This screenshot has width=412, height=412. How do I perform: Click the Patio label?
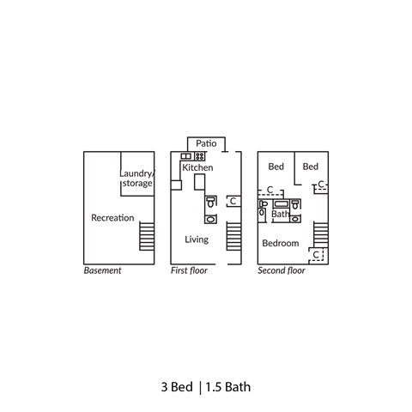[205, 143]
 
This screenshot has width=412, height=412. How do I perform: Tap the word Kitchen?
[197, 167]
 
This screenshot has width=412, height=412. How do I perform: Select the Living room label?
[197, 239]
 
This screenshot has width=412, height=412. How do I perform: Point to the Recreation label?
[112, 218]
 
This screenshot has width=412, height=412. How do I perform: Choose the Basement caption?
[102, 270]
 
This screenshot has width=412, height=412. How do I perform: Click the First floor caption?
[190, 270]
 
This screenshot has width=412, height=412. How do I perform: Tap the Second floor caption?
[282, 270]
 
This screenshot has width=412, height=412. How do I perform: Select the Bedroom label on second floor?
[280, 243]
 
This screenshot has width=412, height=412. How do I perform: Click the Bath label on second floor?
[280, 215]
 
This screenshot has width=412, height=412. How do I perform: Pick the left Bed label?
[276, 166]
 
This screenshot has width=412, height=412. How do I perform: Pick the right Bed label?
[310, 166]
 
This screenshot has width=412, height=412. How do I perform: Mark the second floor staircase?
[321, 234]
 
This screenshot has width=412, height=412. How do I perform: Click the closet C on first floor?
[232, 201]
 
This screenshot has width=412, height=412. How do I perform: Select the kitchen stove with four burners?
[200, 156]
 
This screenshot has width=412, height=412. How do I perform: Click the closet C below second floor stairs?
[316, 255]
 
